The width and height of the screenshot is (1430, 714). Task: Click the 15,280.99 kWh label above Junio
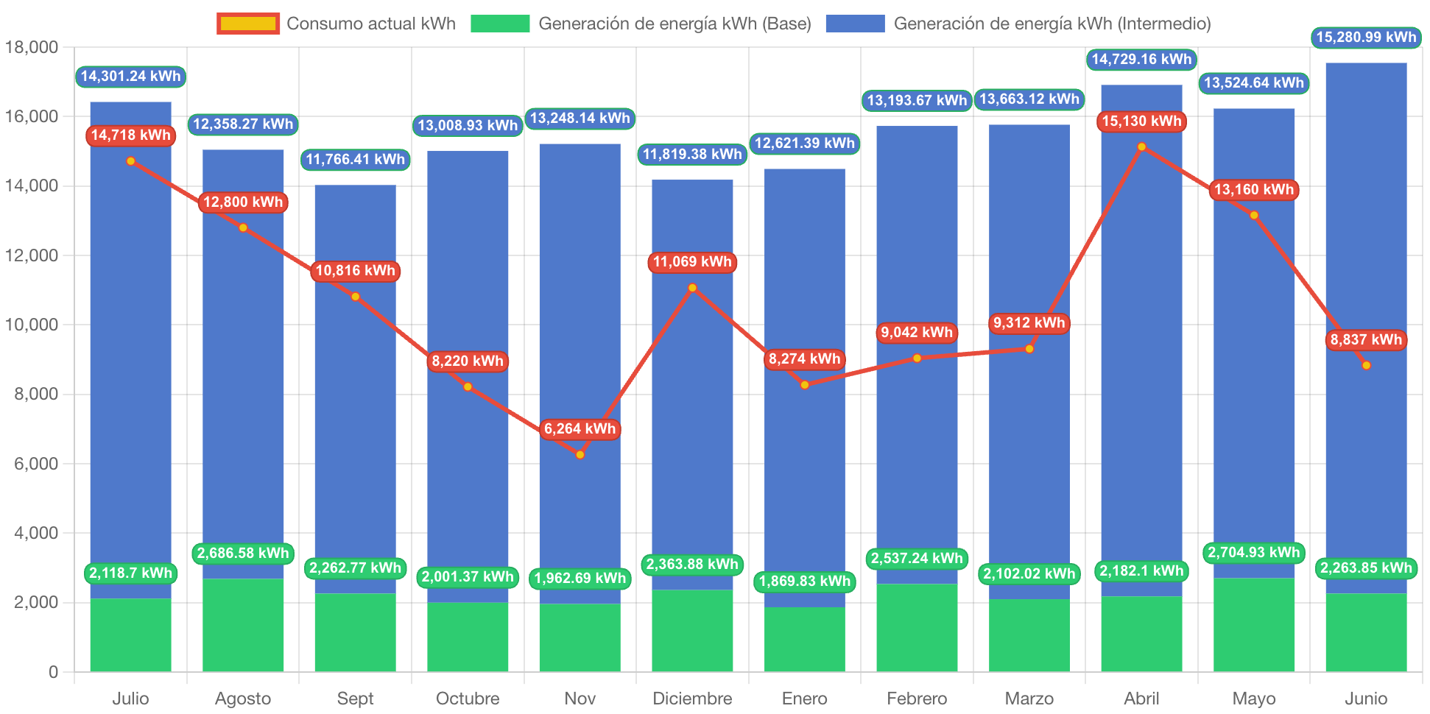(1366, 38)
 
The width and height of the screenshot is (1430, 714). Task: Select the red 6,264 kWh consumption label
(580, 429)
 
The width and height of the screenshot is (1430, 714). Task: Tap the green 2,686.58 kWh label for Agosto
(243, 554)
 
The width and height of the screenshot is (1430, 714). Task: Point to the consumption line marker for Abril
(1141, 147)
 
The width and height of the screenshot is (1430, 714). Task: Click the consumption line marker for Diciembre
(692, 288)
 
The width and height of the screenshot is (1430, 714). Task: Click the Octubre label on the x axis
(468, 699)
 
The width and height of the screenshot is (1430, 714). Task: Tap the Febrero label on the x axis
(917, 699)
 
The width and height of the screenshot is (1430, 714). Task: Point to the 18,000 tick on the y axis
(32, 48)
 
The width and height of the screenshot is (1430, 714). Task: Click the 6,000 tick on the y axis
(36, 464)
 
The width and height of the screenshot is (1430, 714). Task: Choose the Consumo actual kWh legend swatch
(248, 24)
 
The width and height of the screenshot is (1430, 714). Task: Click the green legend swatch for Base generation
(500, 24)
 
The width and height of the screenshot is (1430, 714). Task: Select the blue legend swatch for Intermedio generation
(855, 24)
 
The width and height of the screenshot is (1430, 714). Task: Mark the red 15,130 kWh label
(1141, 121)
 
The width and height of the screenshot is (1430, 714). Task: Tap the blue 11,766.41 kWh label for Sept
(355, 160)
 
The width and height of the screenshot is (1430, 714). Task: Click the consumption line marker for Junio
(1366, 366)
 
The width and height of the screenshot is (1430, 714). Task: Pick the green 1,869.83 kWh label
(804, 582)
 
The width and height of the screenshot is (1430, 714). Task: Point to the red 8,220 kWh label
(468, 361)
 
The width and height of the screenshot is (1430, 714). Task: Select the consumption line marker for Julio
(130, 161)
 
